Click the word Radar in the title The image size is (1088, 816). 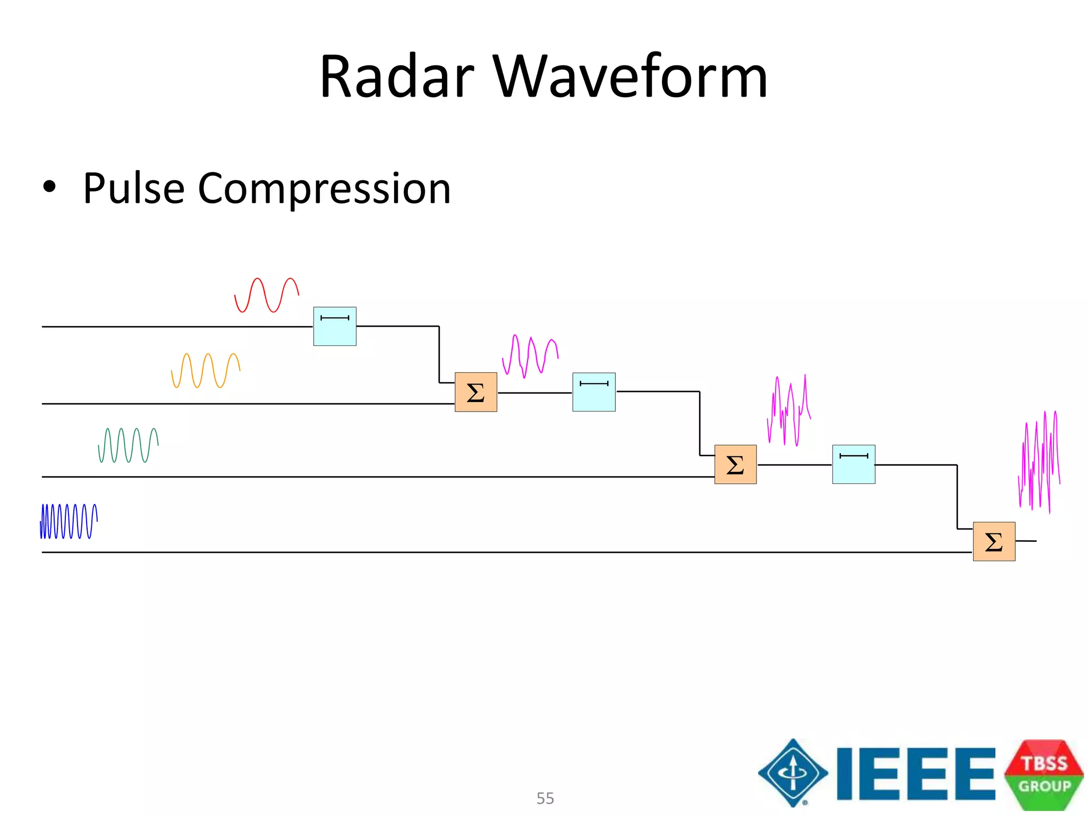[x=396, y=77]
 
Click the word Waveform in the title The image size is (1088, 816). [x=630, y=77]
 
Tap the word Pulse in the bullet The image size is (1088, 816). [x=133, y=189]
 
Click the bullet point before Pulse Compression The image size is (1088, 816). [x=49, y=187]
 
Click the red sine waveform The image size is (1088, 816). [x=266, y=295]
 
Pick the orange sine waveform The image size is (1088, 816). [x=206, y=370]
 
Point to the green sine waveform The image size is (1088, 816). [x=128, y=445]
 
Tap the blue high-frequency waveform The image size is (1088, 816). [x=69, y=521]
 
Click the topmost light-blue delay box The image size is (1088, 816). [x=335, y=326]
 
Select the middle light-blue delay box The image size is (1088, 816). [x=594, y=392]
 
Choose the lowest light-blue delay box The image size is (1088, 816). [x=853, y=464]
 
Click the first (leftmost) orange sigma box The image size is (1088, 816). [x=476, y=392]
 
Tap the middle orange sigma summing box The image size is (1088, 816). [x=735, y=464]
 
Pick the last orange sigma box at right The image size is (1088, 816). [x=994, y=541]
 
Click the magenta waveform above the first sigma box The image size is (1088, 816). [x=530, y=356]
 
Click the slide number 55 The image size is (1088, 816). [x=545, y=798]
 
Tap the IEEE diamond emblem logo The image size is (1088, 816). [x=793, y=773]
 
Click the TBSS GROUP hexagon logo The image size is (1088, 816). [x=1044, y=775]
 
